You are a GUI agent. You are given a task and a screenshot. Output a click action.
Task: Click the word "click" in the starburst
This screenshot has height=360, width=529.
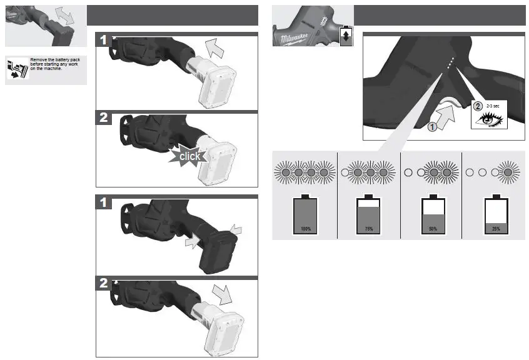189,156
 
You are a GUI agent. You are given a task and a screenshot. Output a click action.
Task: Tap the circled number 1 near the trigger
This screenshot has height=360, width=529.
431,128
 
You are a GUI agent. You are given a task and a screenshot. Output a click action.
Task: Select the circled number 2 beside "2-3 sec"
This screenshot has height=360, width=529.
479,106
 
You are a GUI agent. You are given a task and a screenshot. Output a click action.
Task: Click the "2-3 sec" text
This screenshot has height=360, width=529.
493,106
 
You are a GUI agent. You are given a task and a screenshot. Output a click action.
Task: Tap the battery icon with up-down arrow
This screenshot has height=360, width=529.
345,36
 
